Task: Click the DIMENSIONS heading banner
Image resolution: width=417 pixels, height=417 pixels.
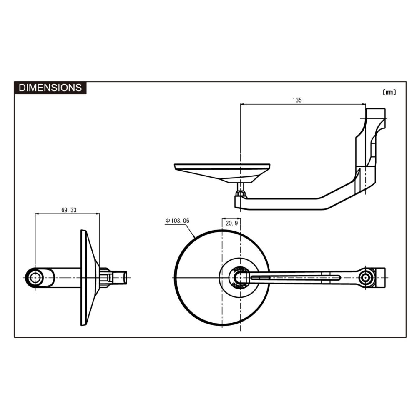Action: tap(50, 88)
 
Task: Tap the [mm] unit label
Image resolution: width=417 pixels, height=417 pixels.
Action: tap(389, 92)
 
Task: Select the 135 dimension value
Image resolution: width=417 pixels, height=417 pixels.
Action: tap(297, 100)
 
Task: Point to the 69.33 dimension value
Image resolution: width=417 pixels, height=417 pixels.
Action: tap(69, 210)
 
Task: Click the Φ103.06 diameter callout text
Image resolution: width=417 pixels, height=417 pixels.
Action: tap(177, 221)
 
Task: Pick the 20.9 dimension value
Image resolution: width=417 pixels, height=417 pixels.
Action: tap(231, 223)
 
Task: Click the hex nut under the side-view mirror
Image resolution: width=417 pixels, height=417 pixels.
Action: tap(241, 193)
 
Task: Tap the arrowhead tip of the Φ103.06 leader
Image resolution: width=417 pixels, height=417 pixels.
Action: tap(195, 237)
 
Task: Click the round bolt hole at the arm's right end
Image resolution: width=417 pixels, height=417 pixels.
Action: tap(366, 278)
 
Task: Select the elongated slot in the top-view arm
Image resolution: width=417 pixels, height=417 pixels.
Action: tap(295, 278)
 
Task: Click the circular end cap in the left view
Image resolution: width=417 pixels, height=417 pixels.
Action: tap(35, 278)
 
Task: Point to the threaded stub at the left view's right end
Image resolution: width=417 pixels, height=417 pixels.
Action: tap(120, 278)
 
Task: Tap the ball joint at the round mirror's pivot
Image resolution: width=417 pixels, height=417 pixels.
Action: tap(241, 278)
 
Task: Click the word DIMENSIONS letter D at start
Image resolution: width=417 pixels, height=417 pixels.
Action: tap(22, 88)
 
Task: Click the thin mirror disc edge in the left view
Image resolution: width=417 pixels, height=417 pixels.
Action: tap(83, 278)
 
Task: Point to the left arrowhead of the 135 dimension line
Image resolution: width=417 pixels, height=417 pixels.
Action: tap(242, 104)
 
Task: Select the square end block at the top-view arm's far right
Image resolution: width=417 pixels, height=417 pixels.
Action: tap(381, 278)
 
